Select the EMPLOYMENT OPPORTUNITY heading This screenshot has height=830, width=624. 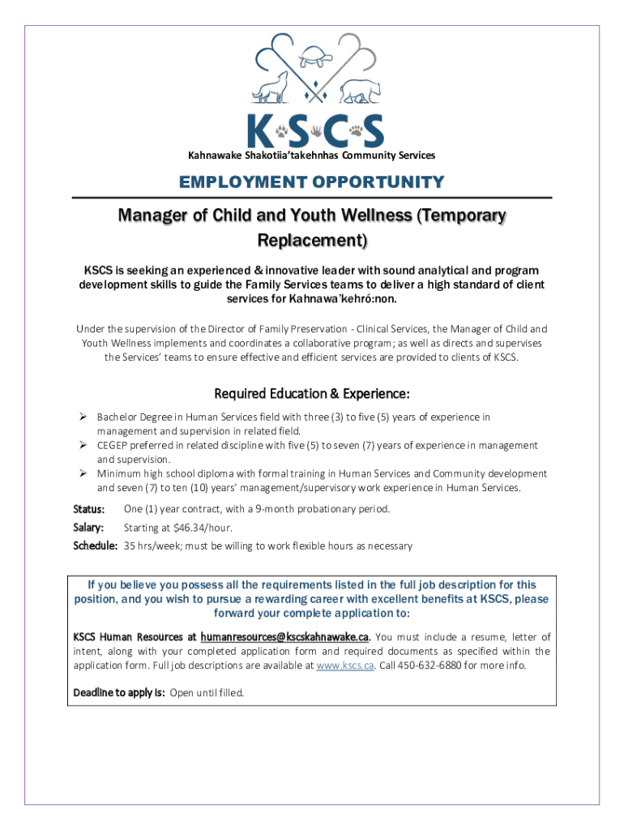click(x=311, y=182)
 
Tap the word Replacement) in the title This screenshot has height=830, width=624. click(x=312, y=241)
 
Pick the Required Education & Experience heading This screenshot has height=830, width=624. click(x=312, y=394)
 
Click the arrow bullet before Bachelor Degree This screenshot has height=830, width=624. click(x=83, y=417)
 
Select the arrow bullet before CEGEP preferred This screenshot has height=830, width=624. click(x=83, y=445)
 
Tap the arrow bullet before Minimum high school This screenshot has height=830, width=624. click(x=83, y=473)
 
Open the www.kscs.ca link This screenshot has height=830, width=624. click(x=344, y=665)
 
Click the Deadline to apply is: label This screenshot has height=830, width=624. click(x=119, y=693)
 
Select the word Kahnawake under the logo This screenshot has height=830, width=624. click(x=215, y=155)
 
